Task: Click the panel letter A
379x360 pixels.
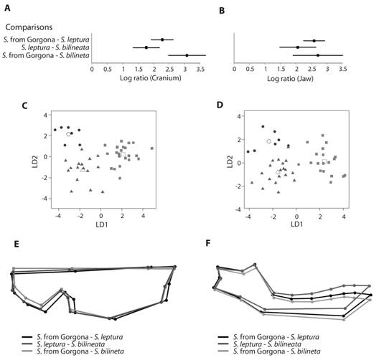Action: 7,8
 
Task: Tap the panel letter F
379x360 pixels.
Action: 208,243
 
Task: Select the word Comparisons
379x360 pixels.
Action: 29,27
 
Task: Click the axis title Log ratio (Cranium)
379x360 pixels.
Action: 150,78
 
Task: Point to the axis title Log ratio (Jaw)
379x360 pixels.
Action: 290,79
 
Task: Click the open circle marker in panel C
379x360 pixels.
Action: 68,134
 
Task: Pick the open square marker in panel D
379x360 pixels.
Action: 324,161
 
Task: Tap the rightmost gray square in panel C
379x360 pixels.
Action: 152,148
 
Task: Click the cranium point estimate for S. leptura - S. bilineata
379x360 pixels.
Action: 146,47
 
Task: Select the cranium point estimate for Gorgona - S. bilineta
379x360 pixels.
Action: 187,55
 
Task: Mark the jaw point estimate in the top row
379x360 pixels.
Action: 314,41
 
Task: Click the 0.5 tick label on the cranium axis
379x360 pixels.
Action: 108,70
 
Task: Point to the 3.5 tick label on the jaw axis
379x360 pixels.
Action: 342,70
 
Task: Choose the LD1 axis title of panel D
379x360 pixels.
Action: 296,224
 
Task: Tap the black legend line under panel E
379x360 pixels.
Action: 27,337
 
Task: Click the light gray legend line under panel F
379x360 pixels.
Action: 223,351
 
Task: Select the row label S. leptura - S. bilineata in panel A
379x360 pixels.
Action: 55,47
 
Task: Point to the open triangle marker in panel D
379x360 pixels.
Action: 278,171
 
